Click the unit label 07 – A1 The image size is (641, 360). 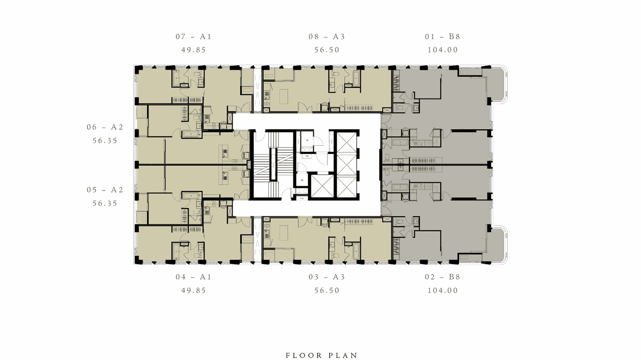click(x=193, y=36)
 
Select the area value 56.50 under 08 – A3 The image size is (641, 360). click(x=327, y=50)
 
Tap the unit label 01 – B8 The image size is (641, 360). click(x=442, y=36)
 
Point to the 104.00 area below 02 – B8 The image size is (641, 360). click(x=442, y=290)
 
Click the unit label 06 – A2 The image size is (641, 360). click(x=105, y=127)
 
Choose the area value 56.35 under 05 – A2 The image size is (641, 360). click(x=105, y=203)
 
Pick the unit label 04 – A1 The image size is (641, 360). click(x=193, y=277)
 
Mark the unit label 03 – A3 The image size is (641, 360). click(x=327, y=277)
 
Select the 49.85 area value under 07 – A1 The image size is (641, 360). click(x=193, y=50)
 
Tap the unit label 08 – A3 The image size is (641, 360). click(x=327, y=36)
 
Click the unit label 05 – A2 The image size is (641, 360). click(x=105, y=190)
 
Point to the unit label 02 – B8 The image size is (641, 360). click(x=442, y=277)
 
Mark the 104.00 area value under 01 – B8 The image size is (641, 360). click(x=442, y=50)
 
